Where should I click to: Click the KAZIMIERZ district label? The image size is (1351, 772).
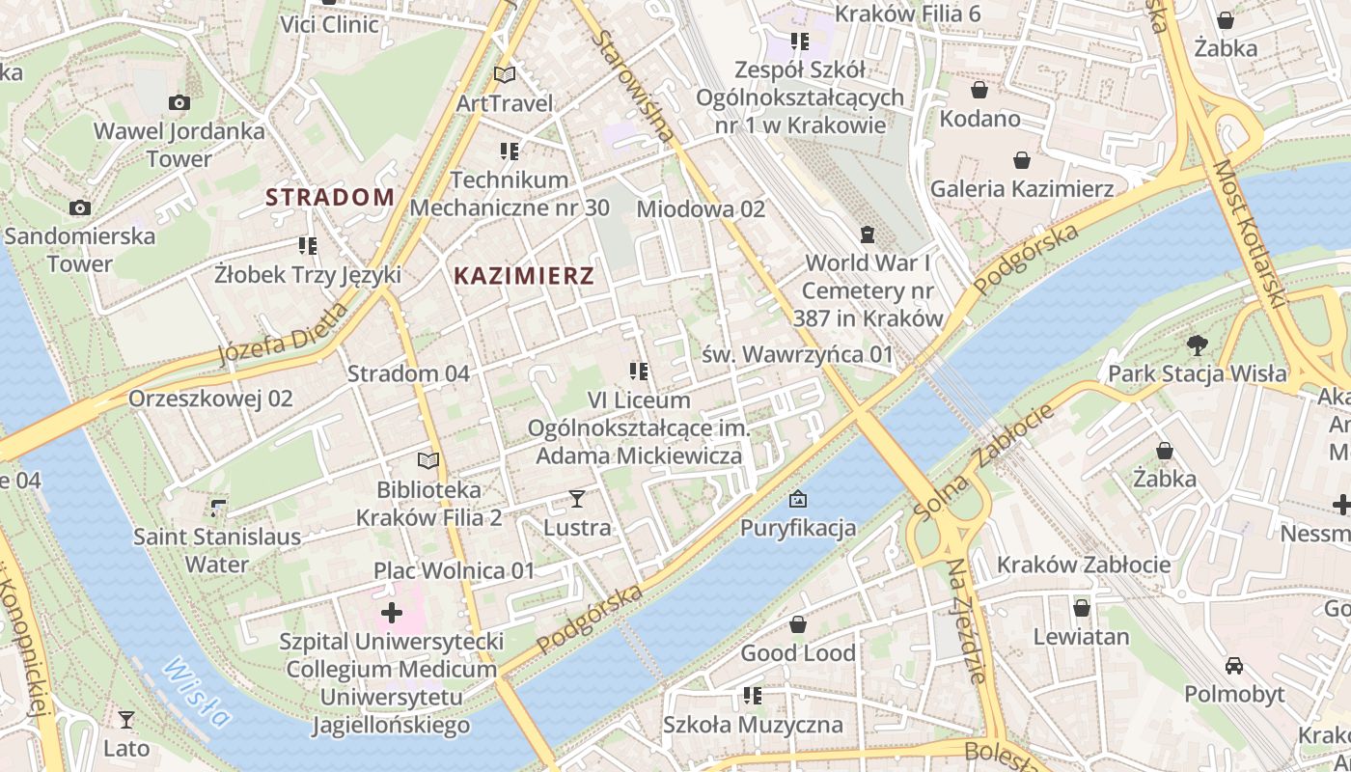click(524, 276)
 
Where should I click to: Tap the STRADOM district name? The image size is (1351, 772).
click(330, 198)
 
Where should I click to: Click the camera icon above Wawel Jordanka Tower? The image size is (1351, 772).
click(179, 102)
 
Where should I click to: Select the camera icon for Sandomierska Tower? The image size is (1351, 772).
click(80, 207)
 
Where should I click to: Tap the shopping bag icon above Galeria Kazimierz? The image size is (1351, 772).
click(1022, 160)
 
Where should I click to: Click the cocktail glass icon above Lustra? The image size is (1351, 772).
click(577, 499)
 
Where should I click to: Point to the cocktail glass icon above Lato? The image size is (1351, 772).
click(126, 719)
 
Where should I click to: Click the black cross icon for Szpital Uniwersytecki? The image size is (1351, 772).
click(392, 613)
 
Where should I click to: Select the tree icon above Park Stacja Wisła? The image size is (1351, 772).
click(1197, 345)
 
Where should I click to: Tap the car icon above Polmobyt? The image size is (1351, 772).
click(1234, 665)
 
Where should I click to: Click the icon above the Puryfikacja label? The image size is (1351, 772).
click(798, 499)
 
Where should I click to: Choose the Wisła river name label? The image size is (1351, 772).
click(197, 692)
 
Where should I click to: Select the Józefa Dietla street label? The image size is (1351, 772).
click(283, 335)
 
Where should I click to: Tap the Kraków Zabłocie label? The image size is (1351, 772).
click(1084, 565)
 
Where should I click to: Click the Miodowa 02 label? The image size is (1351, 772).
click(701, 209)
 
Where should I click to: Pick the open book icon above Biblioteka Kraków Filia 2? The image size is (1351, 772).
click(428, 461)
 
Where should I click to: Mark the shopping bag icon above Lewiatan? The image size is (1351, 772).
click(1082, 608)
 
